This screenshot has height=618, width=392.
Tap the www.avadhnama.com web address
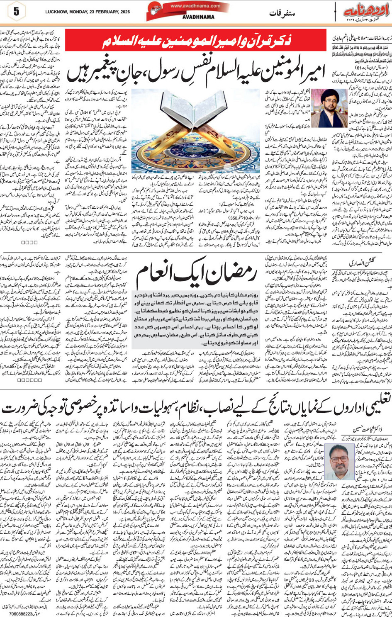coord(195,6)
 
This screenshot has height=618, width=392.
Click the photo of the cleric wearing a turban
coord(330,108)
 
